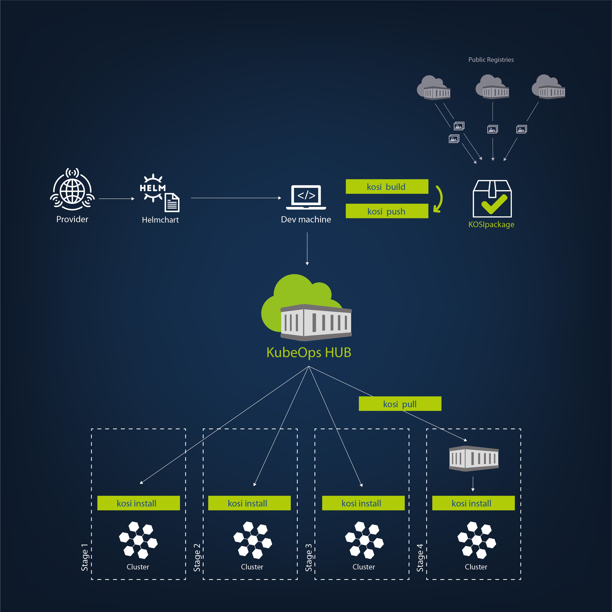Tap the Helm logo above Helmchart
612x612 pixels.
pos(153,188)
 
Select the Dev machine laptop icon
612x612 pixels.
pos(306,197)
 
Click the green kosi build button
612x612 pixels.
pos(387,187)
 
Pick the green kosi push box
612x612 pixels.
pos(387,211)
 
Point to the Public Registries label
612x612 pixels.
pos(491,60)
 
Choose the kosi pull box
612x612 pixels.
pos(400,404)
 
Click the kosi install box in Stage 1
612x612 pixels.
pos(138,503)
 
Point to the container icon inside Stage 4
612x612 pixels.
pos(474,458)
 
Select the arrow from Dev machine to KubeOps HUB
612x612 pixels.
pos(307,249)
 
